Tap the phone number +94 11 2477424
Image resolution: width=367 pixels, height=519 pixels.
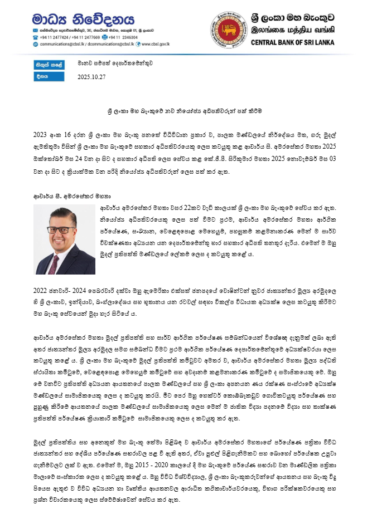point(55,36)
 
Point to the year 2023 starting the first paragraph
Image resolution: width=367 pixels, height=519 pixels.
point(40,135)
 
